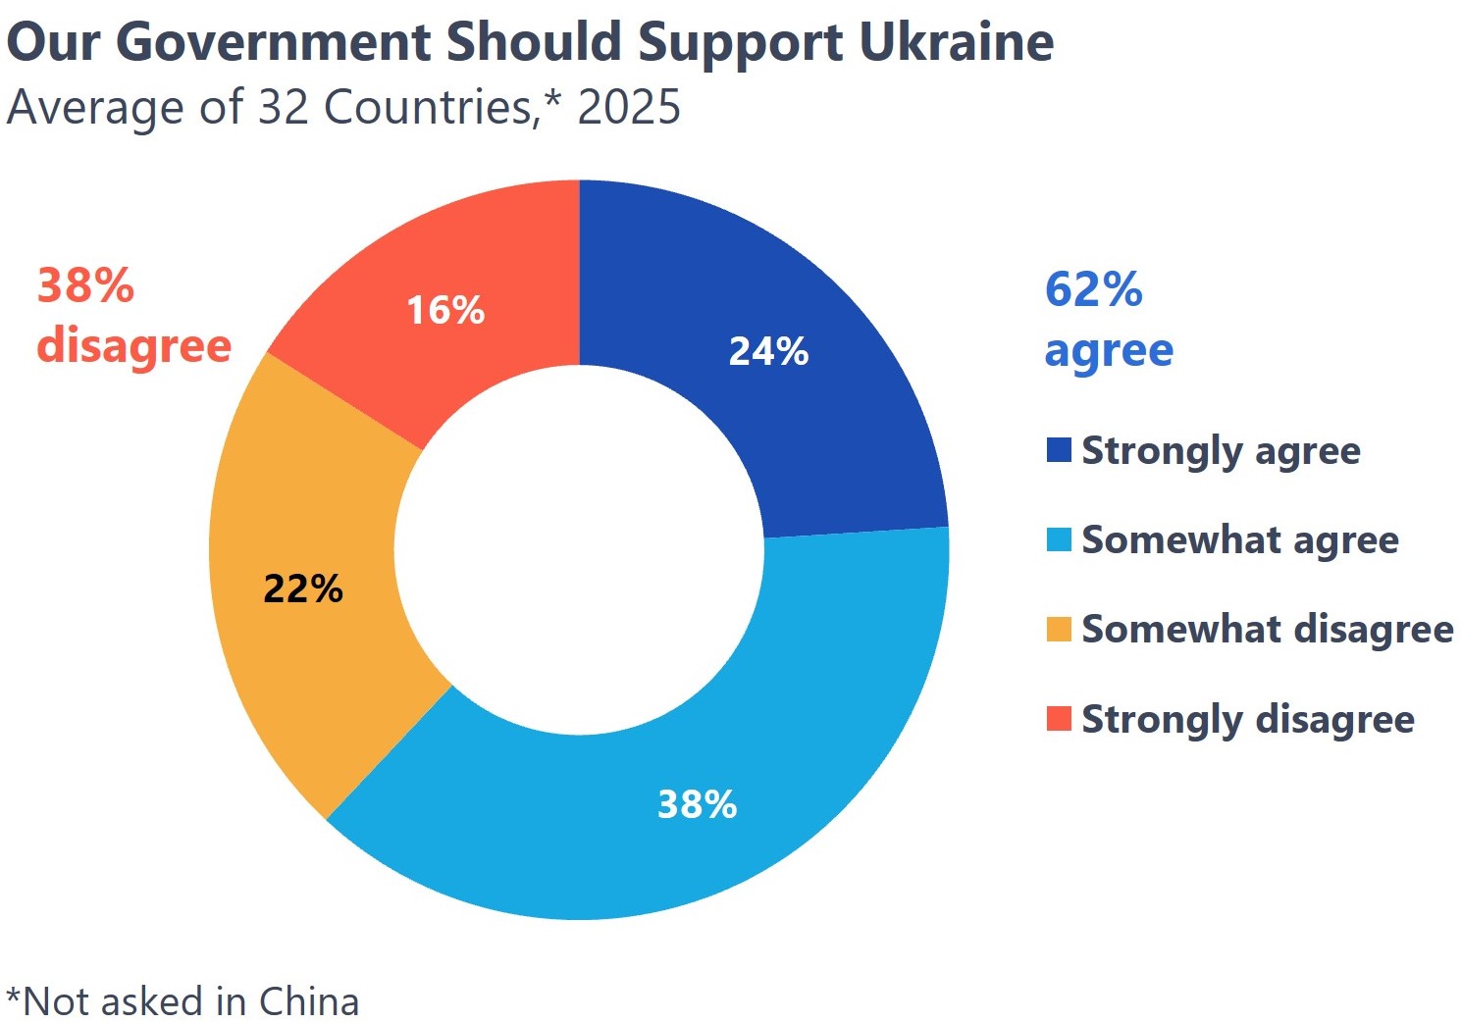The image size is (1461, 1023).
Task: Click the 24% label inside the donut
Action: tap(768, 351)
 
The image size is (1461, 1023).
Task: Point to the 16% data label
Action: tap(445, 311)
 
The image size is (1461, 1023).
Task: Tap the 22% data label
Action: tap(303, 588)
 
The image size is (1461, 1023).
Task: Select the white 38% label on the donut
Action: tap(697, 804)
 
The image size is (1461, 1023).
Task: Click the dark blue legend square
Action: tap(1059, 450)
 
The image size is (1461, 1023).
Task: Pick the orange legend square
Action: tap(1059, 630)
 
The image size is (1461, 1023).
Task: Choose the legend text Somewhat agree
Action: tap(1239, 540)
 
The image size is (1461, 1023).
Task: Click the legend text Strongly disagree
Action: tap(1247, 719)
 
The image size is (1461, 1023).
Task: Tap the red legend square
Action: tap(1059, 719)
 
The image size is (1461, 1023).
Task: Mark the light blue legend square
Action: tap(1059, 540)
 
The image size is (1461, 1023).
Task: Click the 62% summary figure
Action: tap(1093, 290)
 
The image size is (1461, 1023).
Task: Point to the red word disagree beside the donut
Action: tap(133, 346)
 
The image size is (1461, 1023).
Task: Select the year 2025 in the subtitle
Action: tap(629, 107)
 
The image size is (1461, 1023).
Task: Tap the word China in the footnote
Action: tap(309, 1001)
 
